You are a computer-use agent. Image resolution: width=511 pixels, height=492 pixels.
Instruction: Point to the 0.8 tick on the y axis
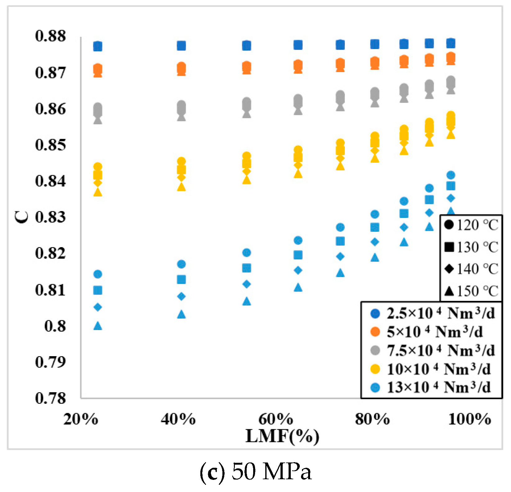(x=55, y=326)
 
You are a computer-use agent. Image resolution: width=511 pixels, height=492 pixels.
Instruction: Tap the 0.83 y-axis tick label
(x=50, y=217)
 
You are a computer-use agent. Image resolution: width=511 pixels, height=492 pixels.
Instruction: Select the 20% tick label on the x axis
(x=81, y=419)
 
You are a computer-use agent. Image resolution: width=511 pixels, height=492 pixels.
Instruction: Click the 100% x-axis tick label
(x=469, y=419)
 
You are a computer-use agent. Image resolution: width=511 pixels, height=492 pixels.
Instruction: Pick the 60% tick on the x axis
(x=275, y=419)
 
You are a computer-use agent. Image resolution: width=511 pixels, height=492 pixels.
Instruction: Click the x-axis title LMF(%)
(x=282, y=436)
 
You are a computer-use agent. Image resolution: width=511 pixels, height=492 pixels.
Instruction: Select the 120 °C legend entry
(x=471, y=225)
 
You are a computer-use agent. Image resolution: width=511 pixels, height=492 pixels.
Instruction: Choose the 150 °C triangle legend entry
(x=471, y=291)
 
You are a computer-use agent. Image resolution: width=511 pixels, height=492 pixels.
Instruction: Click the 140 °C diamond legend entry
(x=471, y=269)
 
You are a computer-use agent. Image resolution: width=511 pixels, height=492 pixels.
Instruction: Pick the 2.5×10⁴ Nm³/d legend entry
(x=432, y=314)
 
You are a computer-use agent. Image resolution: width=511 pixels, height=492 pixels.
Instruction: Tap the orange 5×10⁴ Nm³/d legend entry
(x=427, y=332)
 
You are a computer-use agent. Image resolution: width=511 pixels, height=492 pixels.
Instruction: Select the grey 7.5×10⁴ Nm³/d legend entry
(x=432, y=351)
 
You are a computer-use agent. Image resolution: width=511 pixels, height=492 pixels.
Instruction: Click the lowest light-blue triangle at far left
(x=98, y=326)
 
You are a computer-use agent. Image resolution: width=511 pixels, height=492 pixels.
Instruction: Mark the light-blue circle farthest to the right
(x=451, y=175)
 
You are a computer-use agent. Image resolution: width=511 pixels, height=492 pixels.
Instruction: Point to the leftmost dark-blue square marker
(x=98, y=47)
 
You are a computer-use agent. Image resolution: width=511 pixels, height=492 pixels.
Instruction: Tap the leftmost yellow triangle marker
(x=98, y=192)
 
